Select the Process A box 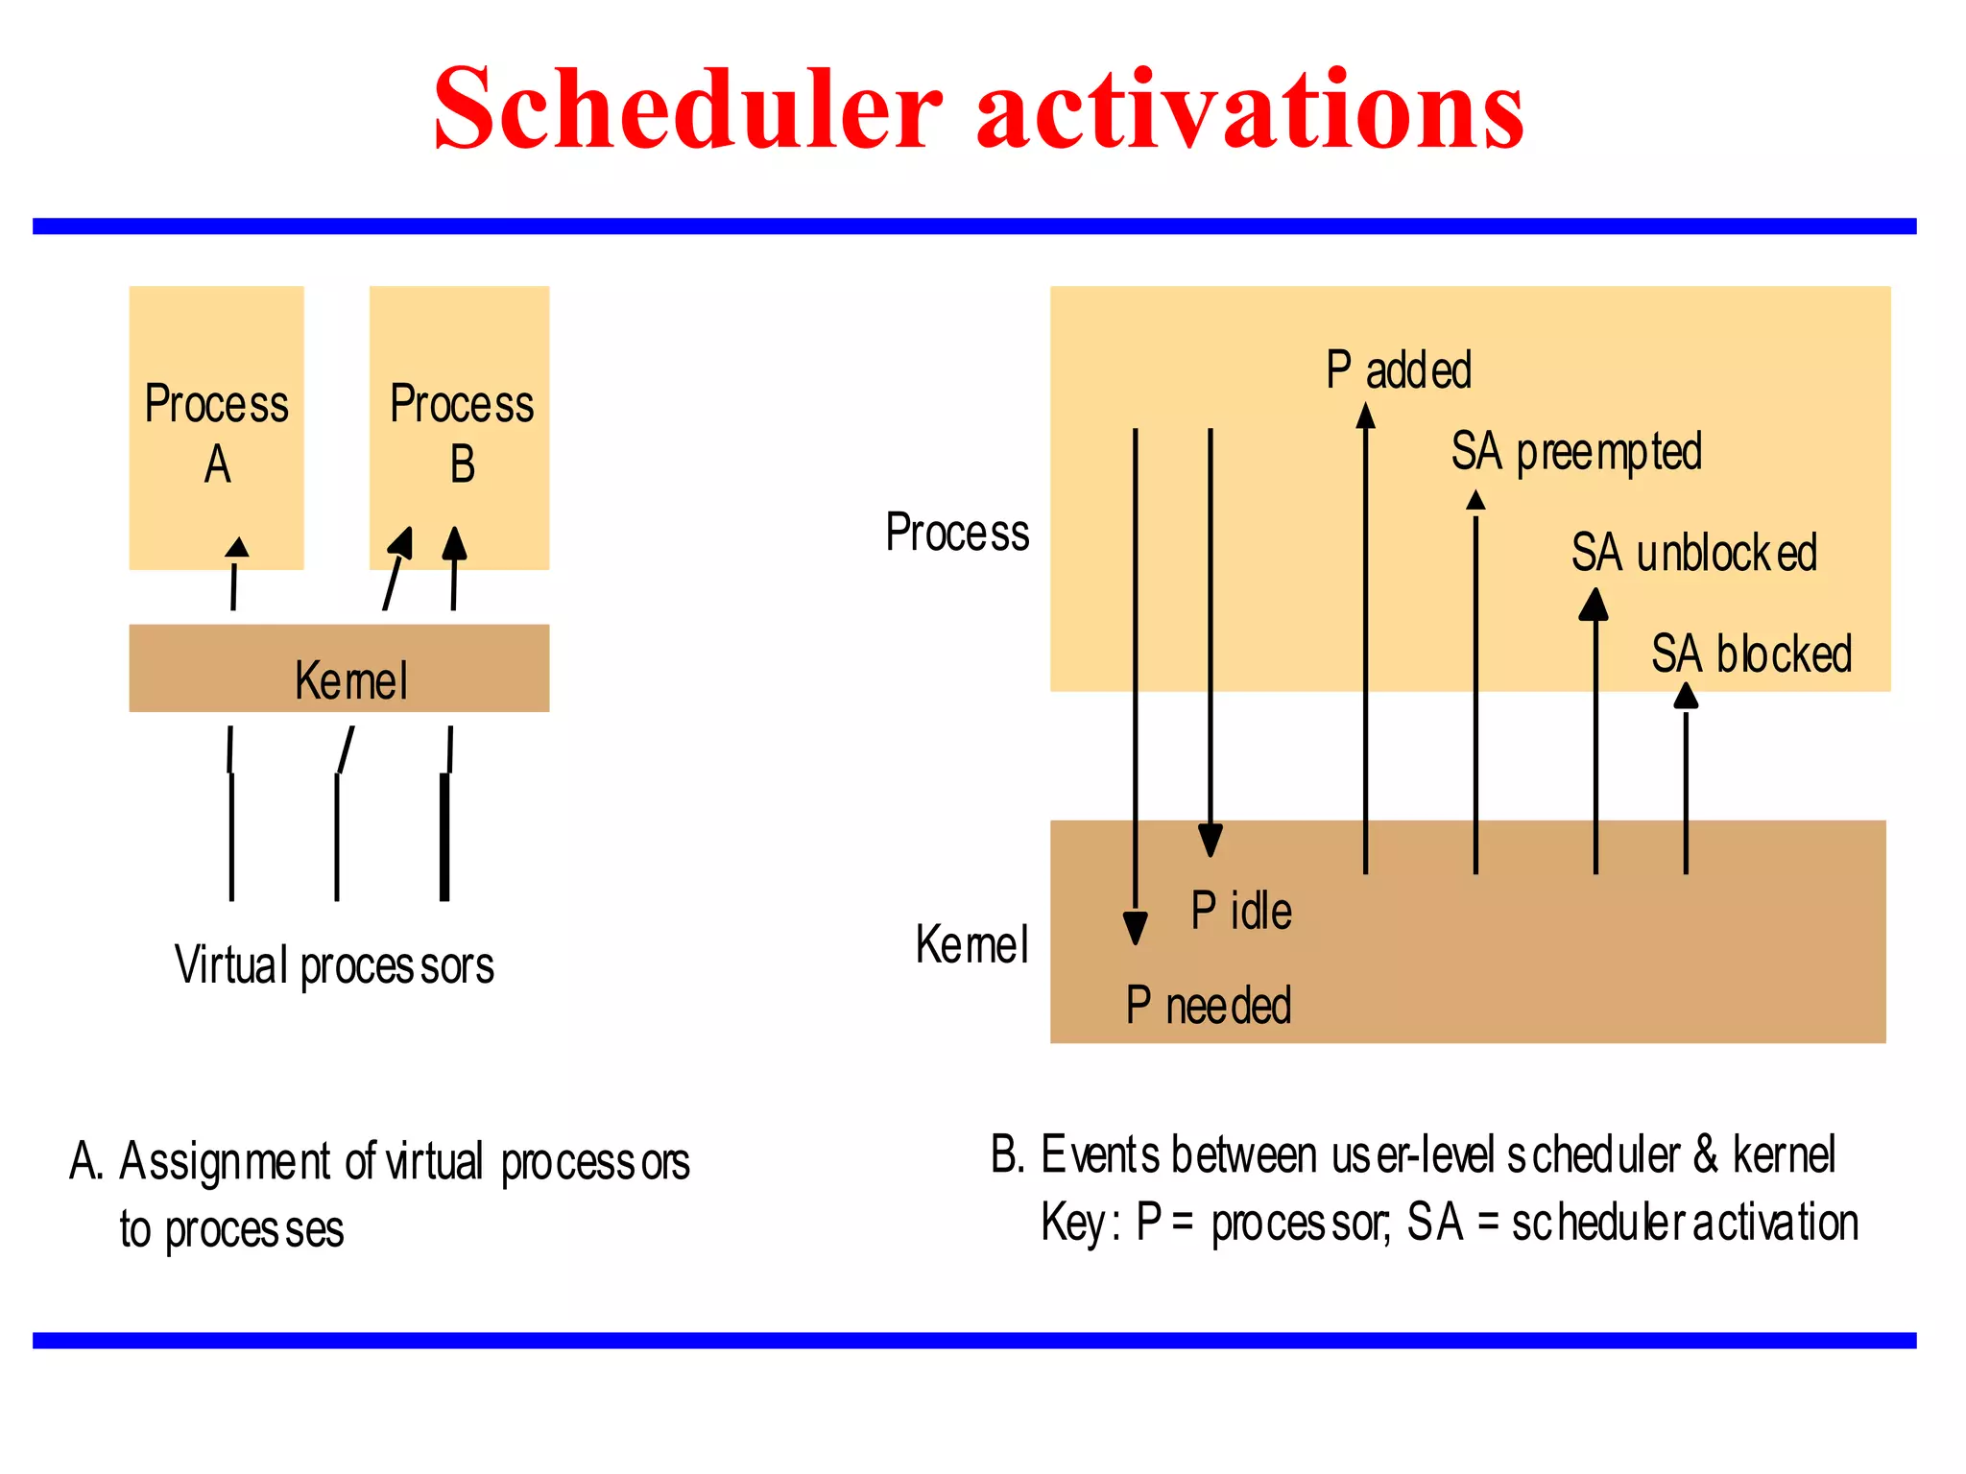pos(217,428)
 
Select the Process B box pos(460,428)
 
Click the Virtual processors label pos(334,965)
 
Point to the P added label pos(1399,369)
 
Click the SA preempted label pos(1576,452)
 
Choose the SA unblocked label pos(1694,553)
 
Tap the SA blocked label pos(1751,654)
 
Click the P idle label pos(1241,911)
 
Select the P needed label pos(1209,1006)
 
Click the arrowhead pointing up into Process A pos(236,547)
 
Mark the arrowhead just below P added pos(1365,416)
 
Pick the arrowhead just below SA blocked pos(1686,696)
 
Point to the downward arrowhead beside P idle pos(1211,840)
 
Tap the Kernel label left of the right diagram pos(971,944)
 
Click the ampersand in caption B pos(1705,1154)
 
